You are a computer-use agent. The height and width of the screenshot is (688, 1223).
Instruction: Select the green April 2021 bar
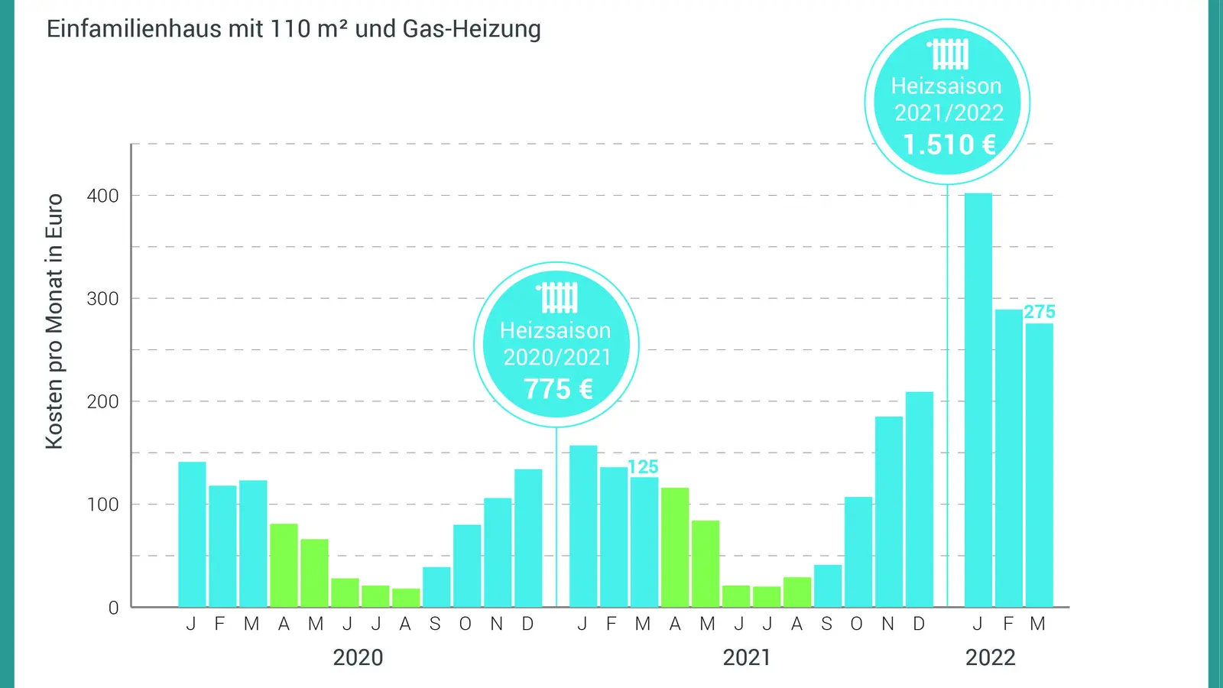(x=674, y=547)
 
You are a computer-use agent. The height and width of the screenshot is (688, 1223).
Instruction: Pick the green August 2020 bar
(x=406, y=598)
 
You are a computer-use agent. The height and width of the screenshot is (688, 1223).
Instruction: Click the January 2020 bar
(x=192, y=534)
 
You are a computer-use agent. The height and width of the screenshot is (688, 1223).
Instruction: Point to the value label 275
(x=1039, y=312)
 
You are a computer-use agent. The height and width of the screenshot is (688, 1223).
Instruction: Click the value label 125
(x=643, y=467)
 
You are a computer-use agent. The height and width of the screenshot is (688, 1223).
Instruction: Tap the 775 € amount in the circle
(x=558, y=389)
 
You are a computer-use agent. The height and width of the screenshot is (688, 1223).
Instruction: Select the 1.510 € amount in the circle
(x=949, y=144)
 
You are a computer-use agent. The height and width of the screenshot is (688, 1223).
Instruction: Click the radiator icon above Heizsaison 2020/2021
(x=558, y=297)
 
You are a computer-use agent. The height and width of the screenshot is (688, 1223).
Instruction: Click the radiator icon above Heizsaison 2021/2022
(x=949, y=54)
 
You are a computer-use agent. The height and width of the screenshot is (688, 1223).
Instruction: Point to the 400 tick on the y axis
(x=102, y=196)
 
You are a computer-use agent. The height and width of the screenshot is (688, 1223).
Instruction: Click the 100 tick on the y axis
(x=102, y=505)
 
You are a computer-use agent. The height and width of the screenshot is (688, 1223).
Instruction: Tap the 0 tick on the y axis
(x=113, y=608)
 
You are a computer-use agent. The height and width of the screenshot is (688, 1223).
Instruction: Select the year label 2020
(x=358, y=657)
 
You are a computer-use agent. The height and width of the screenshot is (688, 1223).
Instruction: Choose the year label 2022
(x=990, y=657)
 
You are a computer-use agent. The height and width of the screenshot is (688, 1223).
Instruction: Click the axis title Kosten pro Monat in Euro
(x=54, y=321)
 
